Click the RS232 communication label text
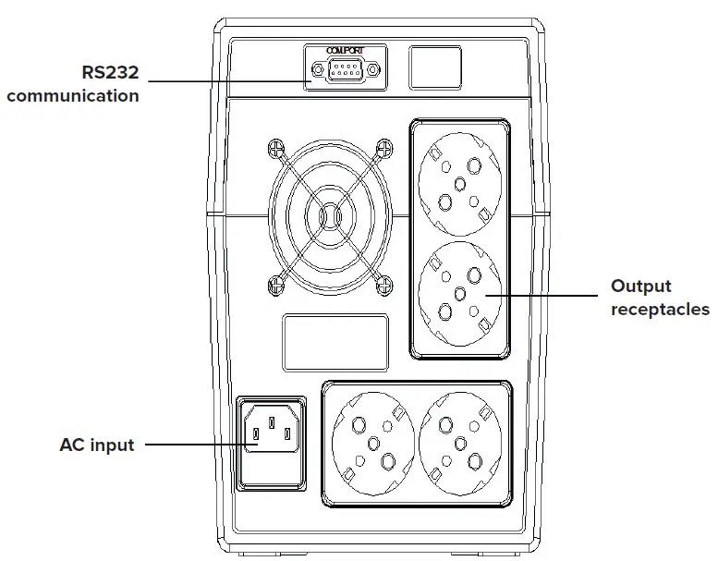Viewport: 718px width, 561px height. tap(74, 84)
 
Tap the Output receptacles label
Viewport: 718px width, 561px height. tap(659, 298)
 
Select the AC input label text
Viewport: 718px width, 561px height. tap(97, 445)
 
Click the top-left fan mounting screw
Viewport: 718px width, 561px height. tap(275, 148)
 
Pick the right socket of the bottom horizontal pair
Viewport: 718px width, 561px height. tap(459, 443)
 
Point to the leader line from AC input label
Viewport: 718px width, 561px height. tap(194, 445)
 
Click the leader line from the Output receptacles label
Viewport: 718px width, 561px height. tap(545, 297)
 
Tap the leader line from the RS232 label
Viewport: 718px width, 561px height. tap(226, 81)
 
